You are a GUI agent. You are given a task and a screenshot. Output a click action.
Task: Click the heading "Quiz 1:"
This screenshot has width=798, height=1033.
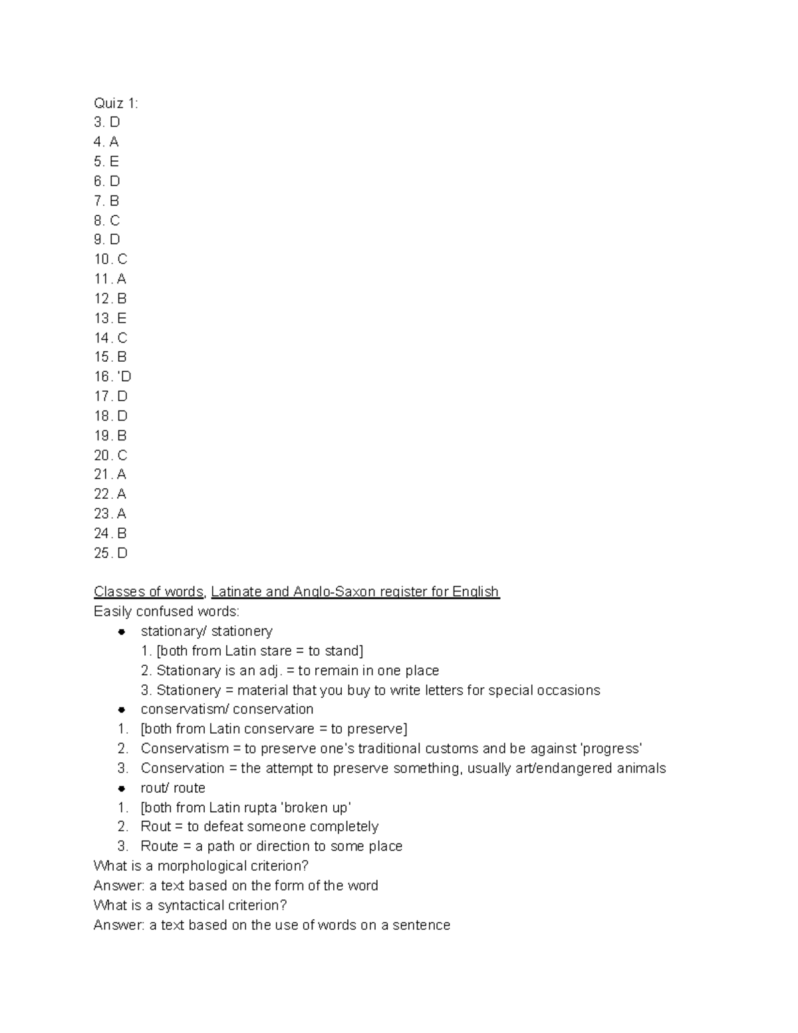coord(116,103)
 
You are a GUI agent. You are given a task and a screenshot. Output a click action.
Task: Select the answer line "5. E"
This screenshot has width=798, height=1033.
coord(106,162)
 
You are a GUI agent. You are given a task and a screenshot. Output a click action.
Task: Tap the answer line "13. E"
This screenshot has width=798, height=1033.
coord(110,318)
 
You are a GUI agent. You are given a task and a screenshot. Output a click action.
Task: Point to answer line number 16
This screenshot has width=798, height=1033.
coord(112,376)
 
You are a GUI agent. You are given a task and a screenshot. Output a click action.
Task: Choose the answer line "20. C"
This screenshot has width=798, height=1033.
coord(110,455)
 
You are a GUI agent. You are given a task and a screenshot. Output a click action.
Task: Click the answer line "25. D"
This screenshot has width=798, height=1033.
coord(110,553)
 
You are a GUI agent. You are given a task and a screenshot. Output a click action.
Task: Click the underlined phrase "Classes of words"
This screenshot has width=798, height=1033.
coord(148,591)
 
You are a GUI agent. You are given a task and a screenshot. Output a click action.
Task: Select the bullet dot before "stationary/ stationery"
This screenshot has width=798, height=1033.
coord(122,631)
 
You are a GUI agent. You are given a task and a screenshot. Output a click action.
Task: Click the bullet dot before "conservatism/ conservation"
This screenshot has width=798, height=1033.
coord(122,710)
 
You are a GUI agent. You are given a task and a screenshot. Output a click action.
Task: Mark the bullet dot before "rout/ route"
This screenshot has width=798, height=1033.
coord(122,788)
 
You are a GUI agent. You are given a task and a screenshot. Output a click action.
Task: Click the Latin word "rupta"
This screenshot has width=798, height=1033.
coord(260,808)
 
